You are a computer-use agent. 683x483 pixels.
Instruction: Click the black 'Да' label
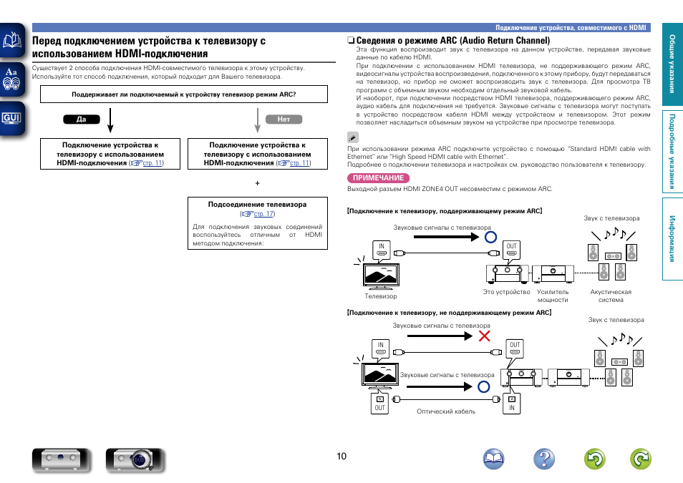pos(81,119)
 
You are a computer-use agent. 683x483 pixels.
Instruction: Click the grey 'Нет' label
pos(284,119)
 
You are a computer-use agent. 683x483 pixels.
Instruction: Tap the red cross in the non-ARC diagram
pos(485,335)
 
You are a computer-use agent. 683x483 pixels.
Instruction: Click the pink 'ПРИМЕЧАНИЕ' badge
pos(377,178)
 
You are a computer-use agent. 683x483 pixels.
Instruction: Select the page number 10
pos(341,456)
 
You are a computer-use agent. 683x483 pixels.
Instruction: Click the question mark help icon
pos(544,459)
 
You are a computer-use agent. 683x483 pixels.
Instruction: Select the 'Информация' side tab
pos(672,238)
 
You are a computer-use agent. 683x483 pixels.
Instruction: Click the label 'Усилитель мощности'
pos(553,296)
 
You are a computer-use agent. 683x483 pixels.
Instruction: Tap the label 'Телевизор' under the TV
pos(381,296)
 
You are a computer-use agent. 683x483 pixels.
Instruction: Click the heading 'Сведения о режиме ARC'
pos(448,41)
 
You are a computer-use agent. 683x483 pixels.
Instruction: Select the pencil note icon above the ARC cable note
pos(352,136)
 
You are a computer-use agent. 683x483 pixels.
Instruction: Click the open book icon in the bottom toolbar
pos(494,459)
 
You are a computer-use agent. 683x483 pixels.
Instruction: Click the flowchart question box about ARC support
pos(184,94)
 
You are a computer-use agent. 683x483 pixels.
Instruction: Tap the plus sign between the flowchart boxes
pos(257,184)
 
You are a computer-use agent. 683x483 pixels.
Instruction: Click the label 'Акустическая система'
pos(611,296)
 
